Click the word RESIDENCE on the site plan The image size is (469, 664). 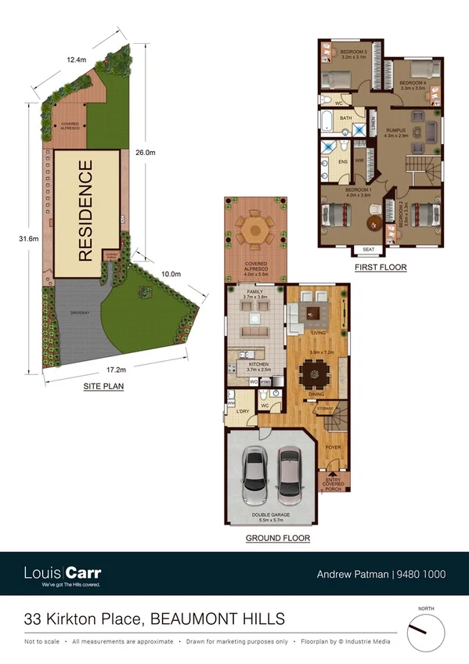pyautogui.click(x=86, y=210)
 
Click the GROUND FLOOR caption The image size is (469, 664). pyautogui.click(x=277, y=538)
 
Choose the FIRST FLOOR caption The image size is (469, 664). pyautogui.click(x=381, y=267)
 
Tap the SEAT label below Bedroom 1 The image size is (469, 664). pyautogui.click(x=368, y=251)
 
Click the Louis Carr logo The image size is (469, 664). pyautogui.click(x=63, y=574)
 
